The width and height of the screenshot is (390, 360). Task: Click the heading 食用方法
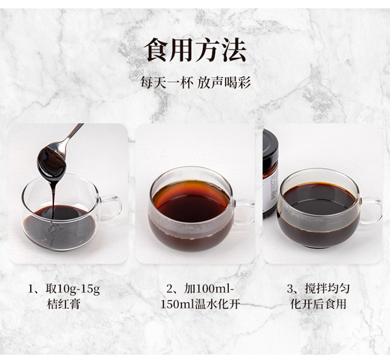(195, 50)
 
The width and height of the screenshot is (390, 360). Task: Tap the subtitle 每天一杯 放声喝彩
(195, 83)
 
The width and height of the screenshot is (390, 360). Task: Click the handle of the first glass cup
(112, 208)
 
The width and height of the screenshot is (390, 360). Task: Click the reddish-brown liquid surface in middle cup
(191, 199)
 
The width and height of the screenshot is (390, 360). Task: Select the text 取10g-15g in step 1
(73, 289)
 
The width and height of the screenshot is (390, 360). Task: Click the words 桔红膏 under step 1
(64, 304)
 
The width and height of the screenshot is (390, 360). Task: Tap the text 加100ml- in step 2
(209, 289)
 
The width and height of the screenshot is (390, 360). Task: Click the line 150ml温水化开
(200, 304)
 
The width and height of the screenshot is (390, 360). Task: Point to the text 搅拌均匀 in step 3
(328, 289)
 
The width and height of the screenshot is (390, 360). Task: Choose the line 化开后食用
(318, 304)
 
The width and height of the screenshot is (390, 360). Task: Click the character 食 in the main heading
(157, 50)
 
